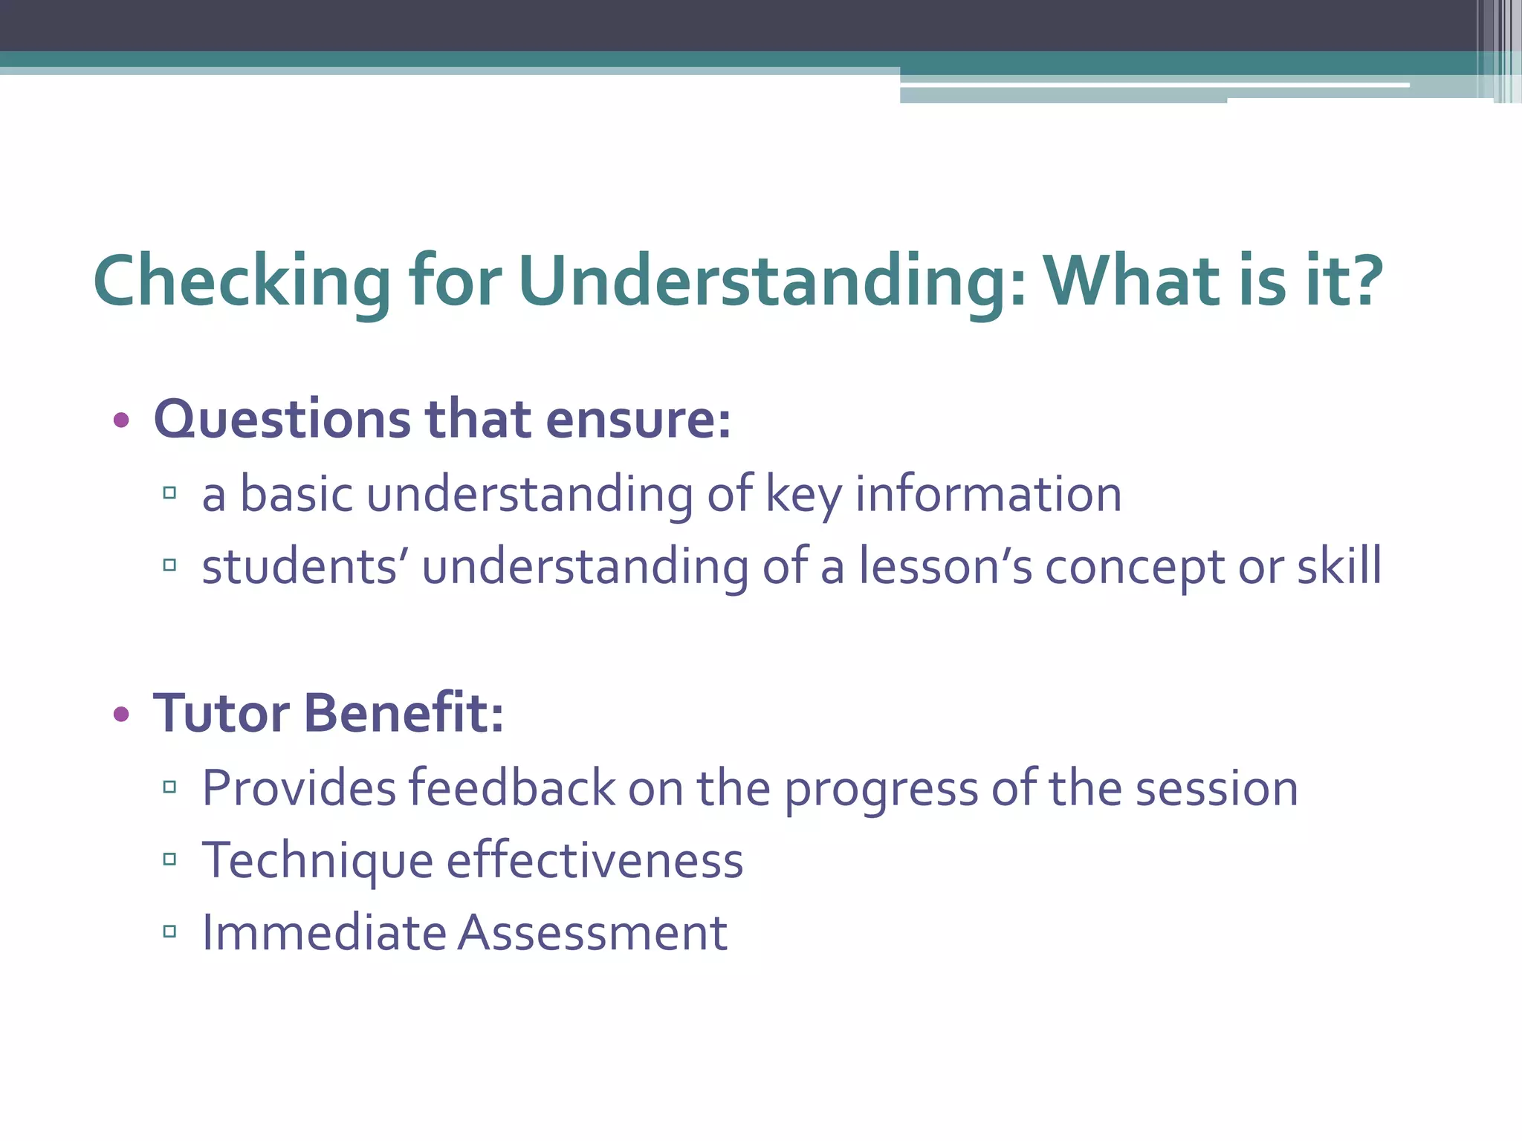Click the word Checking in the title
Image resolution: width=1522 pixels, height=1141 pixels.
[242, 281]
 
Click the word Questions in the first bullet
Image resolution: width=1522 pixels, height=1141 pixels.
[281, 420]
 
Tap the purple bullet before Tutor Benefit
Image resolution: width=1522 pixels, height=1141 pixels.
[121, 715]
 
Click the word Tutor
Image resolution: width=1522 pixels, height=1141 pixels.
[221, 713]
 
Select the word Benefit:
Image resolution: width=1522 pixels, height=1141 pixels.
[404, 713]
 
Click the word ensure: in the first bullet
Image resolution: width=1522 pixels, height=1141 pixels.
[638, 420]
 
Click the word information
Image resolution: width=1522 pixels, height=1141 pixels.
[988, 495]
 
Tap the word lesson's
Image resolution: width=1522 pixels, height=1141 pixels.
[945, 567]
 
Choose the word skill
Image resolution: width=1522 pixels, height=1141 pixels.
[1339, 567]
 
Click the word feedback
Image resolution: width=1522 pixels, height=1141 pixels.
[512, 787]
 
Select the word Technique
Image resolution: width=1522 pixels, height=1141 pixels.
[317, 860]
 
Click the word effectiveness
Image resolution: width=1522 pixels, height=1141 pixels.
[595, 860]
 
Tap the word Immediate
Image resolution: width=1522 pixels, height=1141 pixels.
[323, 933]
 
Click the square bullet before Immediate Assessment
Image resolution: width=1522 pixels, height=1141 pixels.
[169, 932]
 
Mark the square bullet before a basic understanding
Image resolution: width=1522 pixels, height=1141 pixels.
[169, 493]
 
